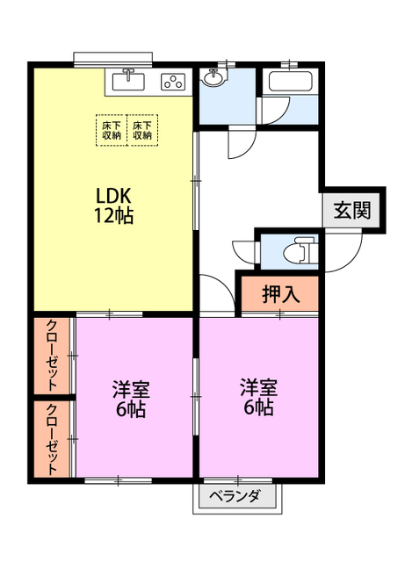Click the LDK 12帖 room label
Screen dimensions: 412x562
(113, 205)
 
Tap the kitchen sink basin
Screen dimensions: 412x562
(128, 82)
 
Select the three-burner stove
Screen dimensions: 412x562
(173, 82)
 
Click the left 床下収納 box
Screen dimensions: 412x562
(112, 130)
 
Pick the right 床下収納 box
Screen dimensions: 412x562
(142, 130)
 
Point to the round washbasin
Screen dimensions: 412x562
(213, 77)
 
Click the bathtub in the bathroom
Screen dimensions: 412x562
(291, 82)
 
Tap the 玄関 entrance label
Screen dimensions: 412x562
(352, 210)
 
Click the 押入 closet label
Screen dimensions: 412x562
(281, 294)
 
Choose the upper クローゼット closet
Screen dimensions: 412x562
(52, 356)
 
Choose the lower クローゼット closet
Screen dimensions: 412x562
(52, 439)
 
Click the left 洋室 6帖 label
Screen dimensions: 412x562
(131, 399)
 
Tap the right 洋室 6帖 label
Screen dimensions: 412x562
(258, 397)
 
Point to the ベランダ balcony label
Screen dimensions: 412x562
(235, 496)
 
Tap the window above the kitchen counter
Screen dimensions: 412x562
(113, 59)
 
